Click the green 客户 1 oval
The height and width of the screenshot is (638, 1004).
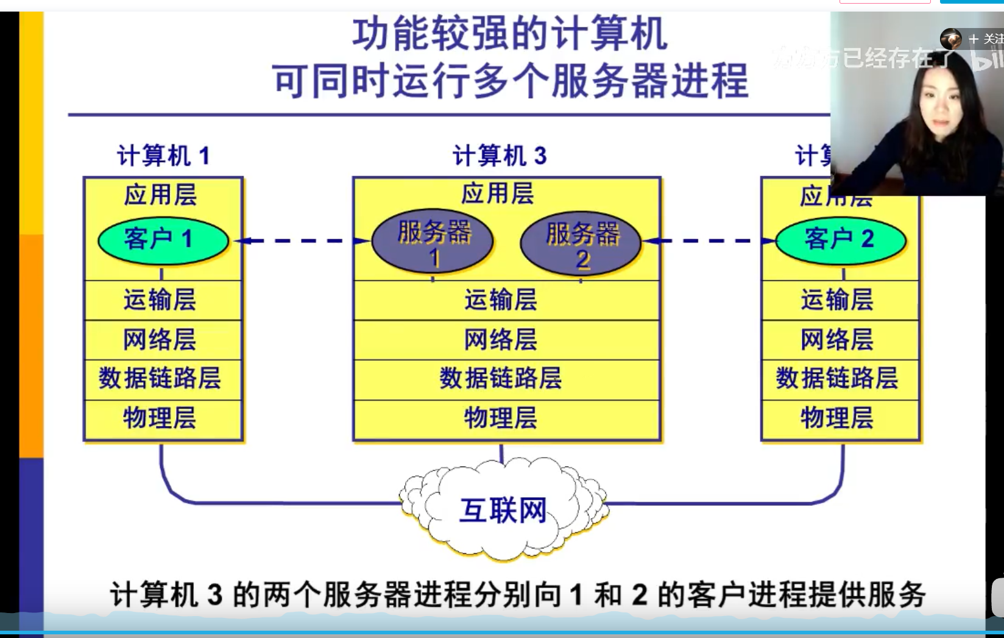(x=163, y=240)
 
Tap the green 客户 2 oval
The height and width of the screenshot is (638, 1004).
(x=840, y=240)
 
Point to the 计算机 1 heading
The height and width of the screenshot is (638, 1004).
(x=163, y=156)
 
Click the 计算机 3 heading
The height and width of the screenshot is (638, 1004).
(x=500, y=156)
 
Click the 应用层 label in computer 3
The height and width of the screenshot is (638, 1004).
(x=498, y=194)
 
